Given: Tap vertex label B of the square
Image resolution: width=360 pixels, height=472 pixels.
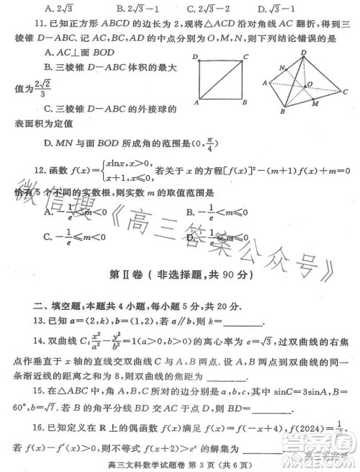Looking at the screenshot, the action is coord(245,102).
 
